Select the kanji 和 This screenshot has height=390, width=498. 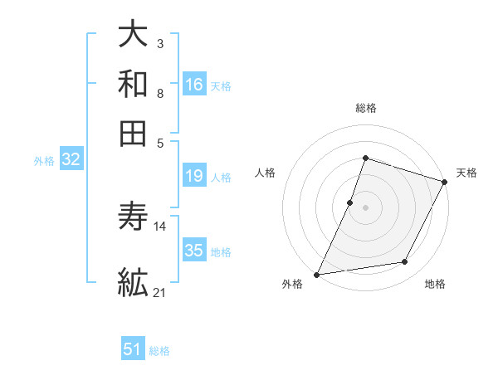click(134, 85)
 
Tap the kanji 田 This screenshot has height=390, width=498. click(134, 133)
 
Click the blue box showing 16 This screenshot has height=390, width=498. click(194, 85)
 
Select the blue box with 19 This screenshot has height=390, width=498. click(194, 176)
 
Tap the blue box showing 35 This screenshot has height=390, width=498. click(194, 251)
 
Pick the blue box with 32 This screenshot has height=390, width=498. click(71, 160)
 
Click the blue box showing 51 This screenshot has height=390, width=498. click(133, 349)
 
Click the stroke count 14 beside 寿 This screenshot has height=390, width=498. click(160, 226)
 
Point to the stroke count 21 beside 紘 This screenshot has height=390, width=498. click(160, 292)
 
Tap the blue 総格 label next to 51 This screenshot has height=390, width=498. click(159, 351)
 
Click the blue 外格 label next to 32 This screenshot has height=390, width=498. click(44, 161)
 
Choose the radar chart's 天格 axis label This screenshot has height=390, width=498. click(466, 173)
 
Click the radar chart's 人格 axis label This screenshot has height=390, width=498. click(266, 173)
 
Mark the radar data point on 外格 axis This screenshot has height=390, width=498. click(316, 274)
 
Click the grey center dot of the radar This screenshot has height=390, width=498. click(365, 207)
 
